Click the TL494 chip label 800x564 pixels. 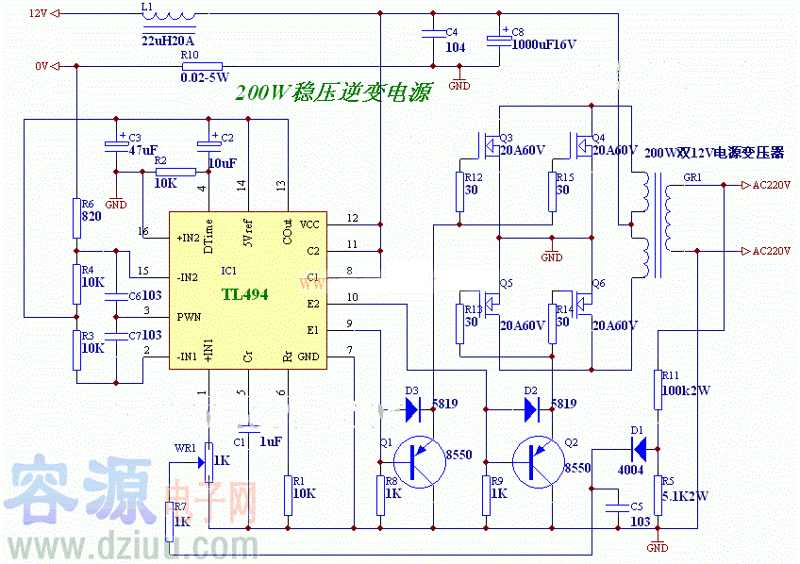point(245,294)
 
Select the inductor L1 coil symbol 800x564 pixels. point(171,16)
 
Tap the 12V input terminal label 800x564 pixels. point(38,13)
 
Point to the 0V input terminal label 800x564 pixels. point(41,66)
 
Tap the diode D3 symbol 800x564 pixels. point(412,409)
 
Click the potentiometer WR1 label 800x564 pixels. point(185,448)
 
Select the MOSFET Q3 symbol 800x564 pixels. point(490,146)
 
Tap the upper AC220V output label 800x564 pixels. point(770,185)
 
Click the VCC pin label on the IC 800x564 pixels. point(309,224)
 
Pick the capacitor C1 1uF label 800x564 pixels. point(270,441)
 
